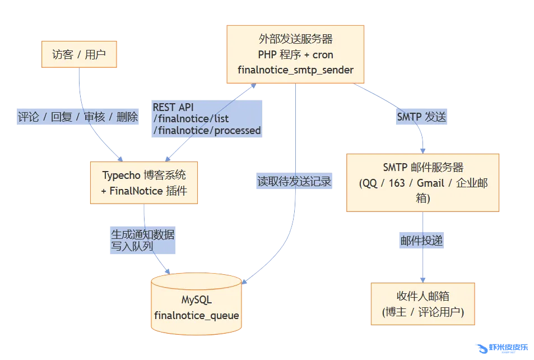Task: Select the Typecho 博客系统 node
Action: click(144, 183)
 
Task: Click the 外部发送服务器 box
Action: click(295, 54)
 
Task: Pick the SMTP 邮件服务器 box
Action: click(422, 182)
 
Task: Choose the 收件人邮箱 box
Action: click(422, 304)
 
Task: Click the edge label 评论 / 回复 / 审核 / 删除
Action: click(78, 117)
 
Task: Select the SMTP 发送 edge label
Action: click(421, 117)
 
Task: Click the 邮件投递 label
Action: click(421, 241)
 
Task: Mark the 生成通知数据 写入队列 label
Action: click(142, 240)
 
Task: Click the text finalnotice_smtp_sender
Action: click(295, 70)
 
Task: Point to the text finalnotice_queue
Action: click(197, 315)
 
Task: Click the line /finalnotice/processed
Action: click(207, 131)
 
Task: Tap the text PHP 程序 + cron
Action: click(295, 55)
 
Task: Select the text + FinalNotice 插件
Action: click(144, 191)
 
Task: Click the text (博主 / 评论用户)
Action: click(422, 312)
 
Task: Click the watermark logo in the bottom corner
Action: click(501, 348)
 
